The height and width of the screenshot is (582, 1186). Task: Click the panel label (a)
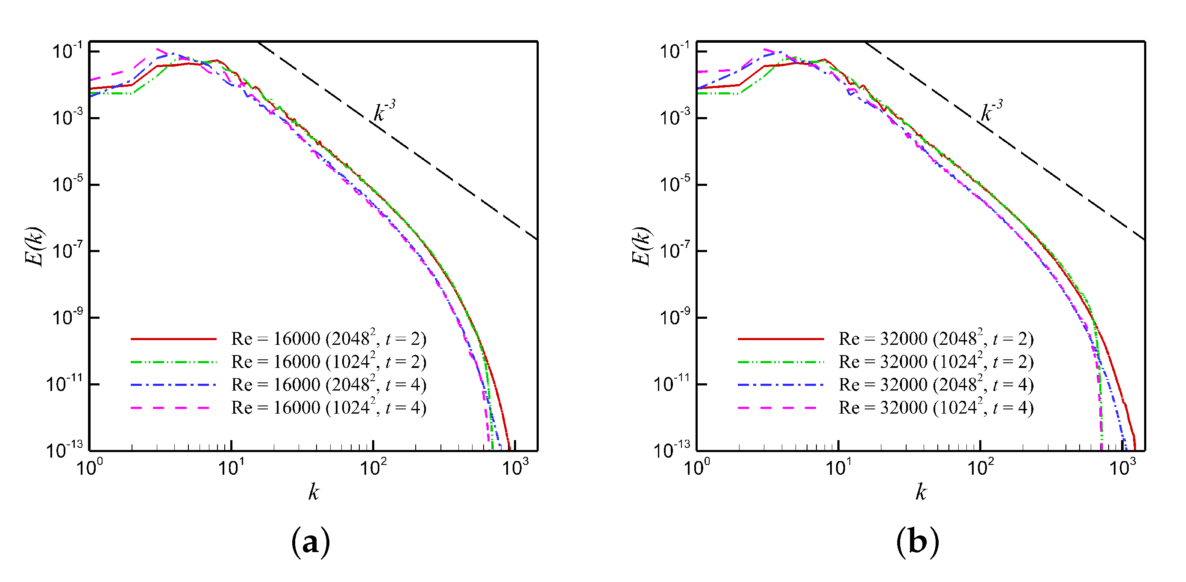tap(311, 542)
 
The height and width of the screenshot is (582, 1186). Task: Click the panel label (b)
tap(917, 542)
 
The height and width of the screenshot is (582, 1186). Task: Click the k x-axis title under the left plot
tap(314, 492)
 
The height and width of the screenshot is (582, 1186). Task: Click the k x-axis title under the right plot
tap(921, 492)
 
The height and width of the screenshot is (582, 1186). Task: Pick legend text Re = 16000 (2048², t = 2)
tap(328, 338)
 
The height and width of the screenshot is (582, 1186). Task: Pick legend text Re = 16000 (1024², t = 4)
tap(328, 408)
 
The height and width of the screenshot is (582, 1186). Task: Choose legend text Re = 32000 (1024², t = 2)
tap(936, 362)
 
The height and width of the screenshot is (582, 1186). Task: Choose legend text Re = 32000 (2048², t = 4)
tap(936, 385)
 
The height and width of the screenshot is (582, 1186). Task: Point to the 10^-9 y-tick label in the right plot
tap(675, 317)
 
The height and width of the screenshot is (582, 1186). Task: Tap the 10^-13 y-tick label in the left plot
tap(65, 450)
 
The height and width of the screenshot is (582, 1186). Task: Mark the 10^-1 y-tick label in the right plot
tap(675, 51)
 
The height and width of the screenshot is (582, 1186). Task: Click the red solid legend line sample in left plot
tap(173, 339)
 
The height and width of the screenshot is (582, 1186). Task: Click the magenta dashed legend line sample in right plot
tap(778, 408)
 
